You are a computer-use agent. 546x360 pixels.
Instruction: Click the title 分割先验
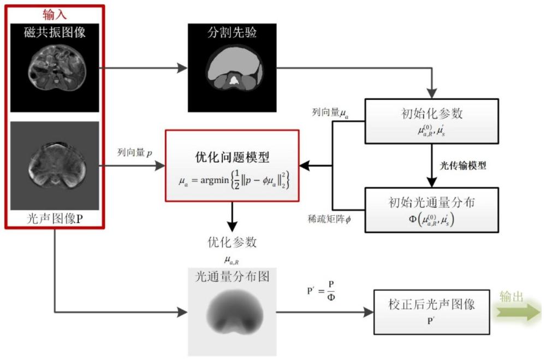232,33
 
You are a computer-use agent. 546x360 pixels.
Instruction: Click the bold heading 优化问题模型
232,157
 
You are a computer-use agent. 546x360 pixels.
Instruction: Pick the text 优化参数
232,241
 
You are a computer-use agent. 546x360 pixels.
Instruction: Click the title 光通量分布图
232,277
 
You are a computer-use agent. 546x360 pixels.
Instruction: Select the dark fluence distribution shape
232,314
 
